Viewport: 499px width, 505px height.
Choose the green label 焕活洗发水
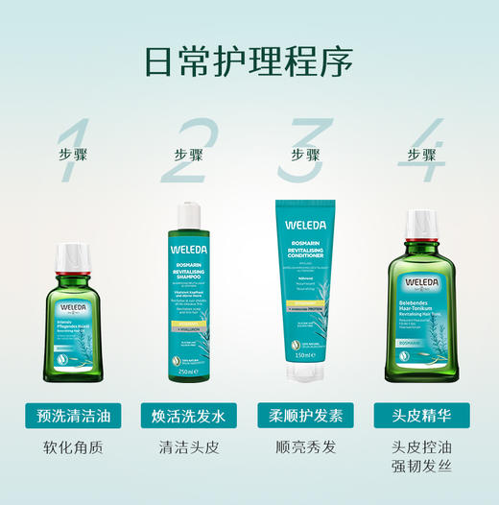[x=188, y=416]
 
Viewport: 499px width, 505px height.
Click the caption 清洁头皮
[x=188, y=446]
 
